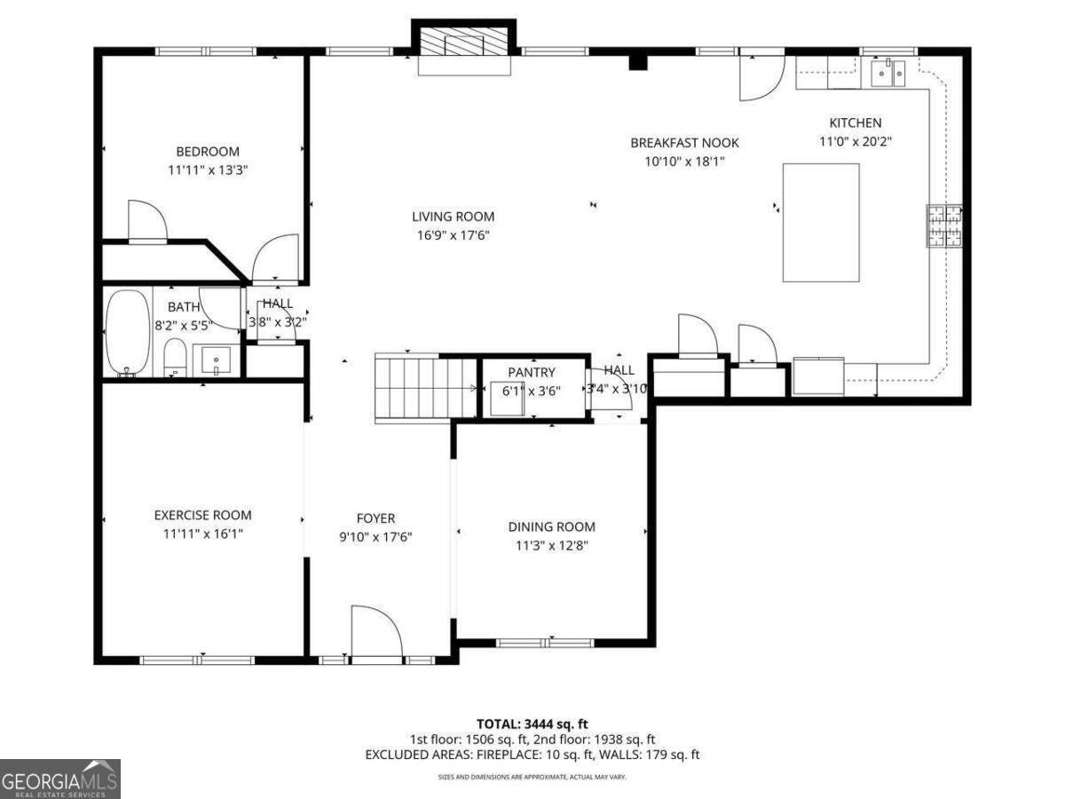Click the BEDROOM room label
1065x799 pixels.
[x=207, y=152]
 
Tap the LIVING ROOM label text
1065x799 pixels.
[x=453, y=217]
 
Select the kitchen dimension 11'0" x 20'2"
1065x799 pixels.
[x=856, y=141]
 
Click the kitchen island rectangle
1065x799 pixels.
[x=821, y=223]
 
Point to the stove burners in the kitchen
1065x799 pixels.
[x=943, y=225]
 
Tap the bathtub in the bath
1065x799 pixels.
[x=129, y=332]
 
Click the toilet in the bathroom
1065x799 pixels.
[x=175, y=357]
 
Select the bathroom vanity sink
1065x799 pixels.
[x=216, y=360]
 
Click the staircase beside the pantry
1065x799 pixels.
[x=427, y=387]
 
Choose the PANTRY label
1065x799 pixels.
[x=532, y=373]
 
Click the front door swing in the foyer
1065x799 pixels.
[x=376, y=632]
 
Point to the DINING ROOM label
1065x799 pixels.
[x=551, y=526]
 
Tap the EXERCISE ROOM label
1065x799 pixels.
[x=202, y=515]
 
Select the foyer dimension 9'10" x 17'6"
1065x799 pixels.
[x=375, y=537]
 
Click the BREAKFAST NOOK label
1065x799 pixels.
[x=684, y=143]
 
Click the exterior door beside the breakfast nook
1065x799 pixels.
[x=761, y=75]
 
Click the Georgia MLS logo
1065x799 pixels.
[x=59, y=779]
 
